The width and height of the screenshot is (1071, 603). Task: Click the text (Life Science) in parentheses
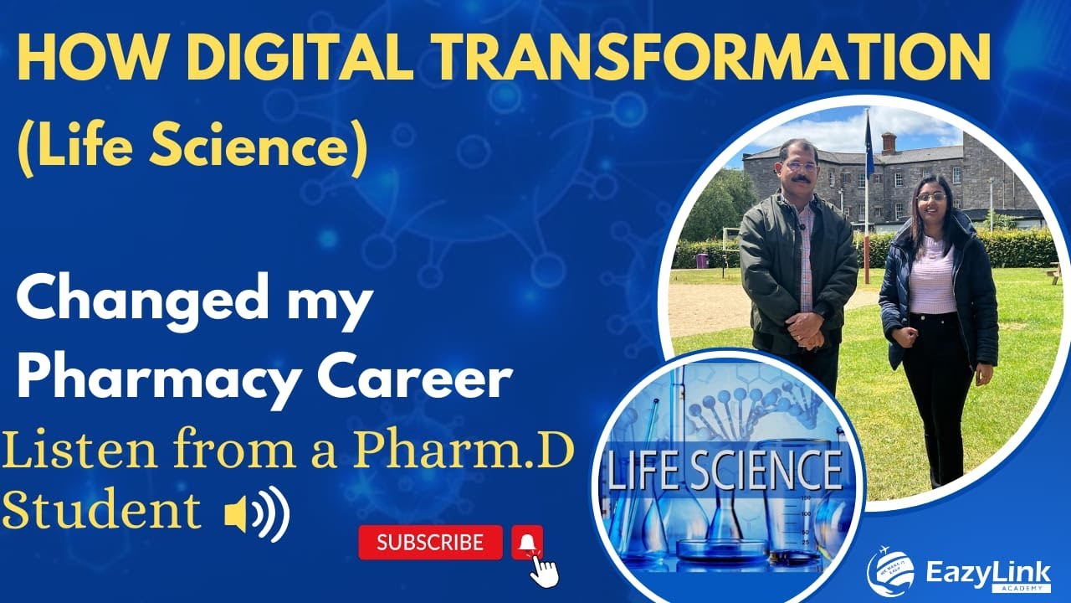(x=192, y=148)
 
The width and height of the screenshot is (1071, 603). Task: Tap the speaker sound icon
(x=256, y=513)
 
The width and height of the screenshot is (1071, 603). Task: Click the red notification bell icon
(x=527, y=544)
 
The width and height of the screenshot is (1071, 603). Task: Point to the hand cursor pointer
(x=545, y=571)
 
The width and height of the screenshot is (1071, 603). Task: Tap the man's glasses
(x=801, y=166)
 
